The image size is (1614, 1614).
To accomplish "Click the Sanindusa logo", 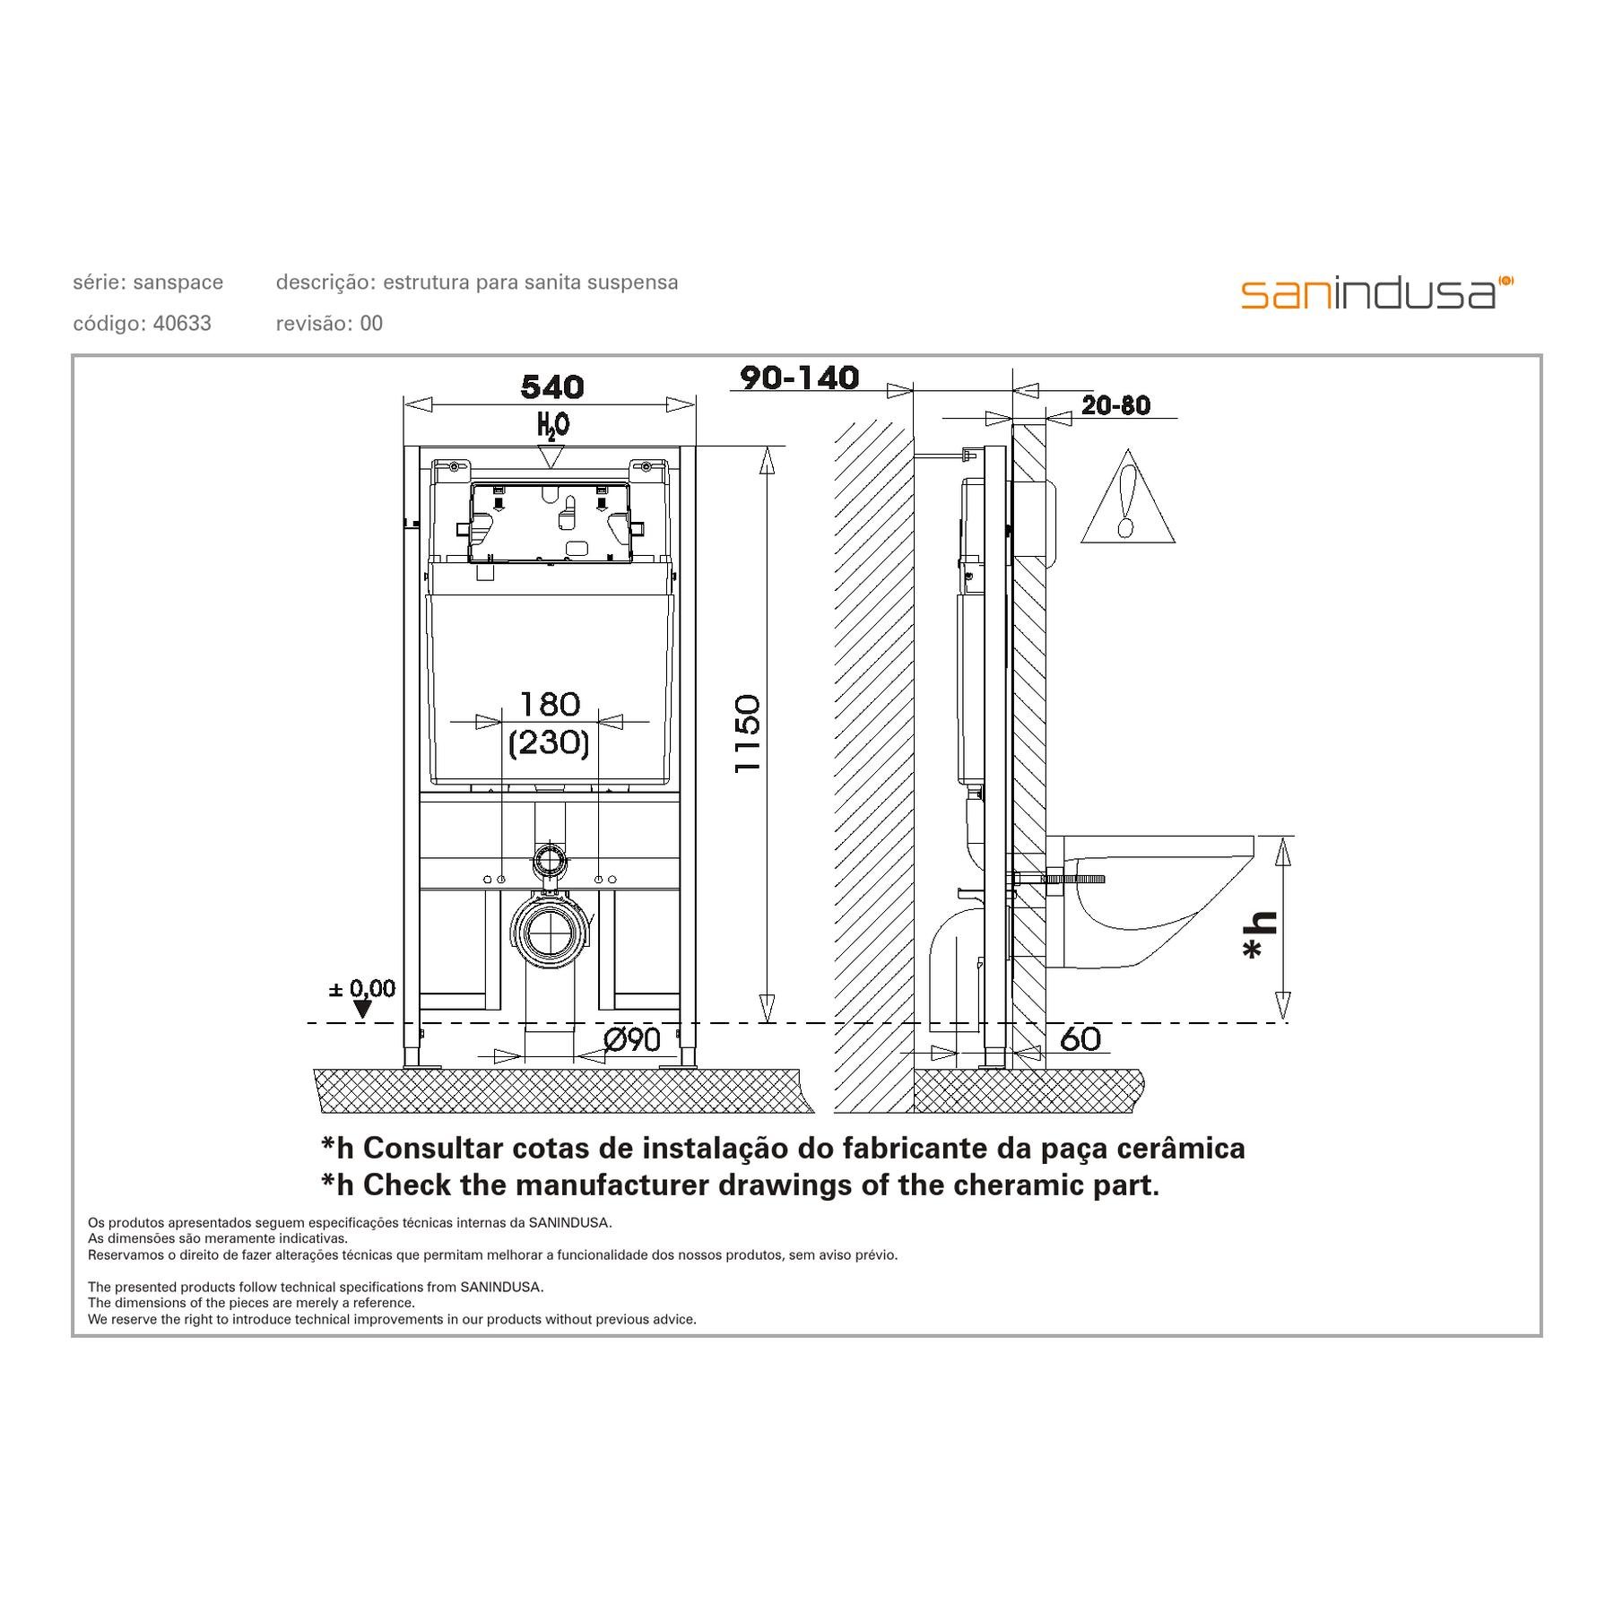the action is [x=1377, y=293].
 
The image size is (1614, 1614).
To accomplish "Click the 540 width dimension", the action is [x=551, y=387].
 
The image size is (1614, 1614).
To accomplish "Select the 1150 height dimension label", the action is [x=748, y=733].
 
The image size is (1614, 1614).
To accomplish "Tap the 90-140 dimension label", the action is [x=799, y=377].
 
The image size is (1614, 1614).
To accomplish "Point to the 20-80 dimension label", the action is [x=1115, y=405].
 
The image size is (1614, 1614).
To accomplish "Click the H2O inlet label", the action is [x=552, y=424].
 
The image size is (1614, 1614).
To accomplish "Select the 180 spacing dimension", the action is [x=550, y=704].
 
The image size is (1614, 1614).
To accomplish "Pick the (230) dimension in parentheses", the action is [x=549, y=742].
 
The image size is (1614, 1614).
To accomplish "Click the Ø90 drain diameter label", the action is [x=632, y=1040].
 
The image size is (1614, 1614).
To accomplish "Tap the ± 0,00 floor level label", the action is [x=362, y=989].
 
